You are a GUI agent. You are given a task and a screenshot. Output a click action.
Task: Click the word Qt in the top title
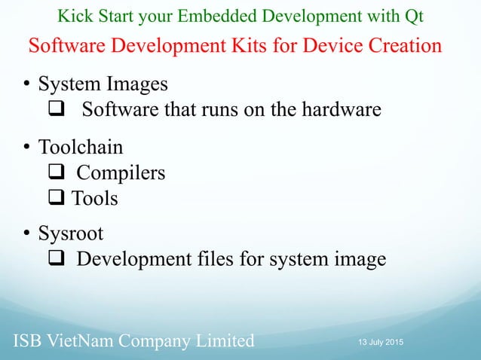[x=413, y=16]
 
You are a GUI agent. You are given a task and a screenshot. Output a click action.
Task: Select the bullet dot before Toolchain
[x=26, y=146]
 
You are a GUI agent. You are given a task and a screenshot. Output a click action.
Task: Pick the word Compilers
[x=121, y=172]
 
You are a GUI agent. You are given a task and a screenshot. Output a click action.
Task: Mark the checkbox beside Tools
[x=57, y=198]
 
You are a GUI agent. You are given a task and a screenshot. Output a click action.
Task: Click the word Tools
[x=95, y=198]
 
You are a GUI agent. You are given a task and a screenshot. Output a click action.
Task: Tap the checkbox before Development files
[x=57, y=260]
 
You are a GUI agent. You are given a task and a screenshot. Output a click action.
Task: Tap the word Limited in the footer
[x=223, y=340]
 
